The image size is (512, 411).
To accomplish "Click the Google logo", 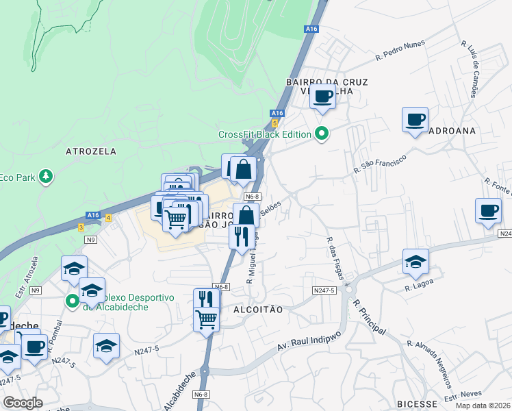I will tap(22, 403).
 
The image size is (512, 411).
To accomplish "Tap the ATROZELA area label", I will tap(91, 151).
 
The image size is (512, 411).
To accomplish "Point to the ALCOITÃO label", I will tap(259, 310).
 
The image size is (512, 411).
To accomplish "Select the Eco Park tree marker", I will tap(46, 176).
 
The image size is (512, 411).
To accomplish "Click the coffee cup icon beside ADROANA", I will tap(415, 119).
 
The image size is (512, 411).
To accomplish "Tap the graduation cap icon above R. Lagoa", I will tap(415, 261).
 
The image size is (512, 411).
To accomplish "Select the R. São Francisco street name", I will tap(380, 163).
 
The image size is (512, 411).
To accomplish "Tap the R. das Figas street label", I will tap(335, 258).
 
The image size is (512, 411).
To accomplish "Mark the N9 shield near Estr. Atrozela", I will tap(35, 290).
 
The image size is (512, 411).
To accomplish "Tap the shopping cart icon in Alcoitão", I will tap(207, 319).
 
